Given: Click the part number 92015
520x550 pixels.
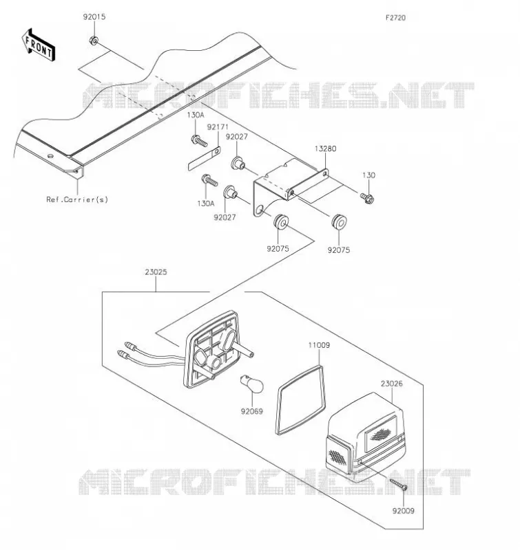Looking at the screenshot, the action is [x=94, y=16].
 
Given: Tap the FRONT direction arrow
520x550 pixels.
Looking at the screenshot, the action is [x=39, y=45].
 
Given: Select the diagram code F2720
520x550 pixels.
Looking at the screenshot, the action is [x=395, y=18].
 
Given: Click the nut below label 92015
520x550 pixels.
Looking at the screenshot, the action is [x=94, y=41].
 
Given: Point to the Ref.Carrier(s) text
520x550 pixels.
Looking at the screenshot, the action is [x=77, y=199].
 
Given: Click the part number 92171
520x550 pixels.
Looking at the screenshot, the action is [x=218, y=127].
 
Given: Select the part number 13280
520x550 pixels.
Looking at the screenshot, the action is [x=325, y=148].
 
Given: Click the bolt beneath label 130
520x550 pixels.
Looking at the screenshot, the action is [x=367, y=198].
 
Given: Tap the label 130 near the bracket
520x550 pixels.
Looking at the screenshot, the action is [x=368, y=175].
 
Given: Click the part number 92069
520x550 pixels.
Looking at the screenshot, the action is [x=252, y=411].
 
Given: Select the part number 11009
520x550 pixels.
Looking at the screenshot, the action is [x=319, y=345].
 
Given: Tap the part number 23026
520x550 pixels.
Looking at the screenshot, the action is [x=392, y=384].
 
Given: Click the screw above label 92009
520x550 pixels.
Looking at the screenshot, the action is [x=398, y=484].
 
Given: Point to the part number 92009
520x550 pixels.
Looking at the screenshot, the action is [x=404, y=511].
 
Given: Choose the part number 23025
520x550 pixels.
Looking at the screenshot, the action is [x=156, y=272].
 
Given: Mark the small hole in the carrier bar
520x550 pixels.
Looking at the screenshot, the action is [x=50, y=156].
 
